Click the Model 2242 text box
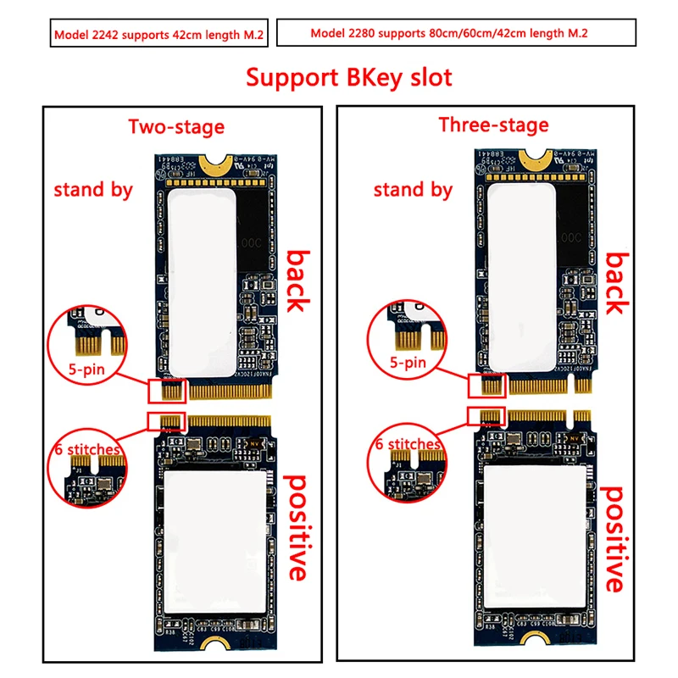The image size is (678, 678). pos(158,35)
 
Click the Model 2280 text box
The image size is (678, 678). pos(455,34)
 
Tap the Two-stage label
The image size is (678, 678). pos(176,127)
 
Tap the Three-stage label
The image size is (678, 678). pos(493,125)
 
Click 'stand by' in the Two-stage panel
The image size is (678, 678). pos(93,189)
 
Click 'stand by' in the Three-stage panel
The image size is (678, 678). pos(414,189)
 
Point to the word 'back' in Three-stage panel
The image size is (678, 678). pos(616,282)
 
